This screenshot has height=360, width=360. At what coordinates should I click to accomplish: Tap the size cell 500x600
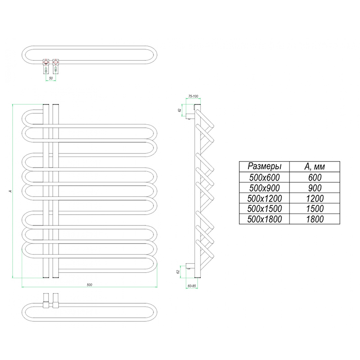coord(265,177)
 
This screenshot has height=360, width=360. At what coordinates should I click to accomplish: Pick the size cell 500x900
coord(265,187)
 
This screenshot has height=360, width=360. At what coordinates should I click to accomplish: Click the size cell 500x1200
coord(265,198)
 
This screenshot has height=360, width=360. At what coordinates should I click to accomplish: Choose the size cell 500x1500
coord(265,208)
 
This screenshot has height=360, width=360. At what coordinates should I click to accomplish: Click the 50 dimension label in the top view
coord(51,78)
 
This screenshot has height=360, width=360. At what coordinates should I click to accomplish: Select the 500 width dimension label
coord(90,284)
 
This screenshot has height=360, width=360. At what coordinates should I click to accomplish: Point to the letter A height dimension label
coord(9,191)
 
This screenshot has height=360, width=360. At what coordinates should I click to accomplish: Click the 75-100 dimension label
coord(193,97)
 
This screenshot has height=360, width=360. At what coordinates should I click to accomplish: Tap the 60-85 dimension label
coord(191,286)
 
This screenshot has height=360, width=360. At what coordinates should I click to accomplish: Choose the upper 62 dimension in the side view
coord(180,110)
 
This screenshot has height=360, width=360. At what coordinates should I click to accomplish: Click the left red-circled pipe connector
coord(45,62)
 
